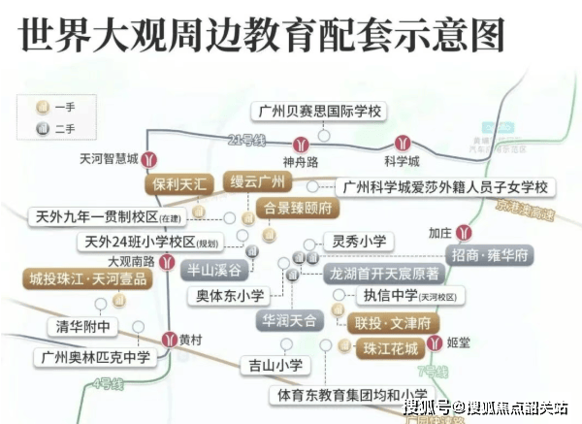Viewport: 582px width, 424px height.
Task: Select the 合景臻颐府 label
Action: pos(297,208)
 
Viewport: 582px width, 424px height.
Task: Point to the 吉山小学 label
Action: pos(275,365)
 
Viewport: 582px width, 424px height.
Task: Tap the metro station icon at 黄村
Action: pos(166,340)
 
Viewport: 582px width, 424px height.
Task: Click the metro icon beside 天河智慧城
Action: pos(148,159)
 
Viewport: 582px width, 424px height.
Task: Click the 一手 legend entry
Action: pos(56,106)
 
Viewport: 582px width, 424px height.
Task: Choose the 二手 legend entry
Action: pos(56,128)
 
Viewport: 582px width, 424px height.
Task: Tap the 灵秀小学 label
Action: pos(358,241)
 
